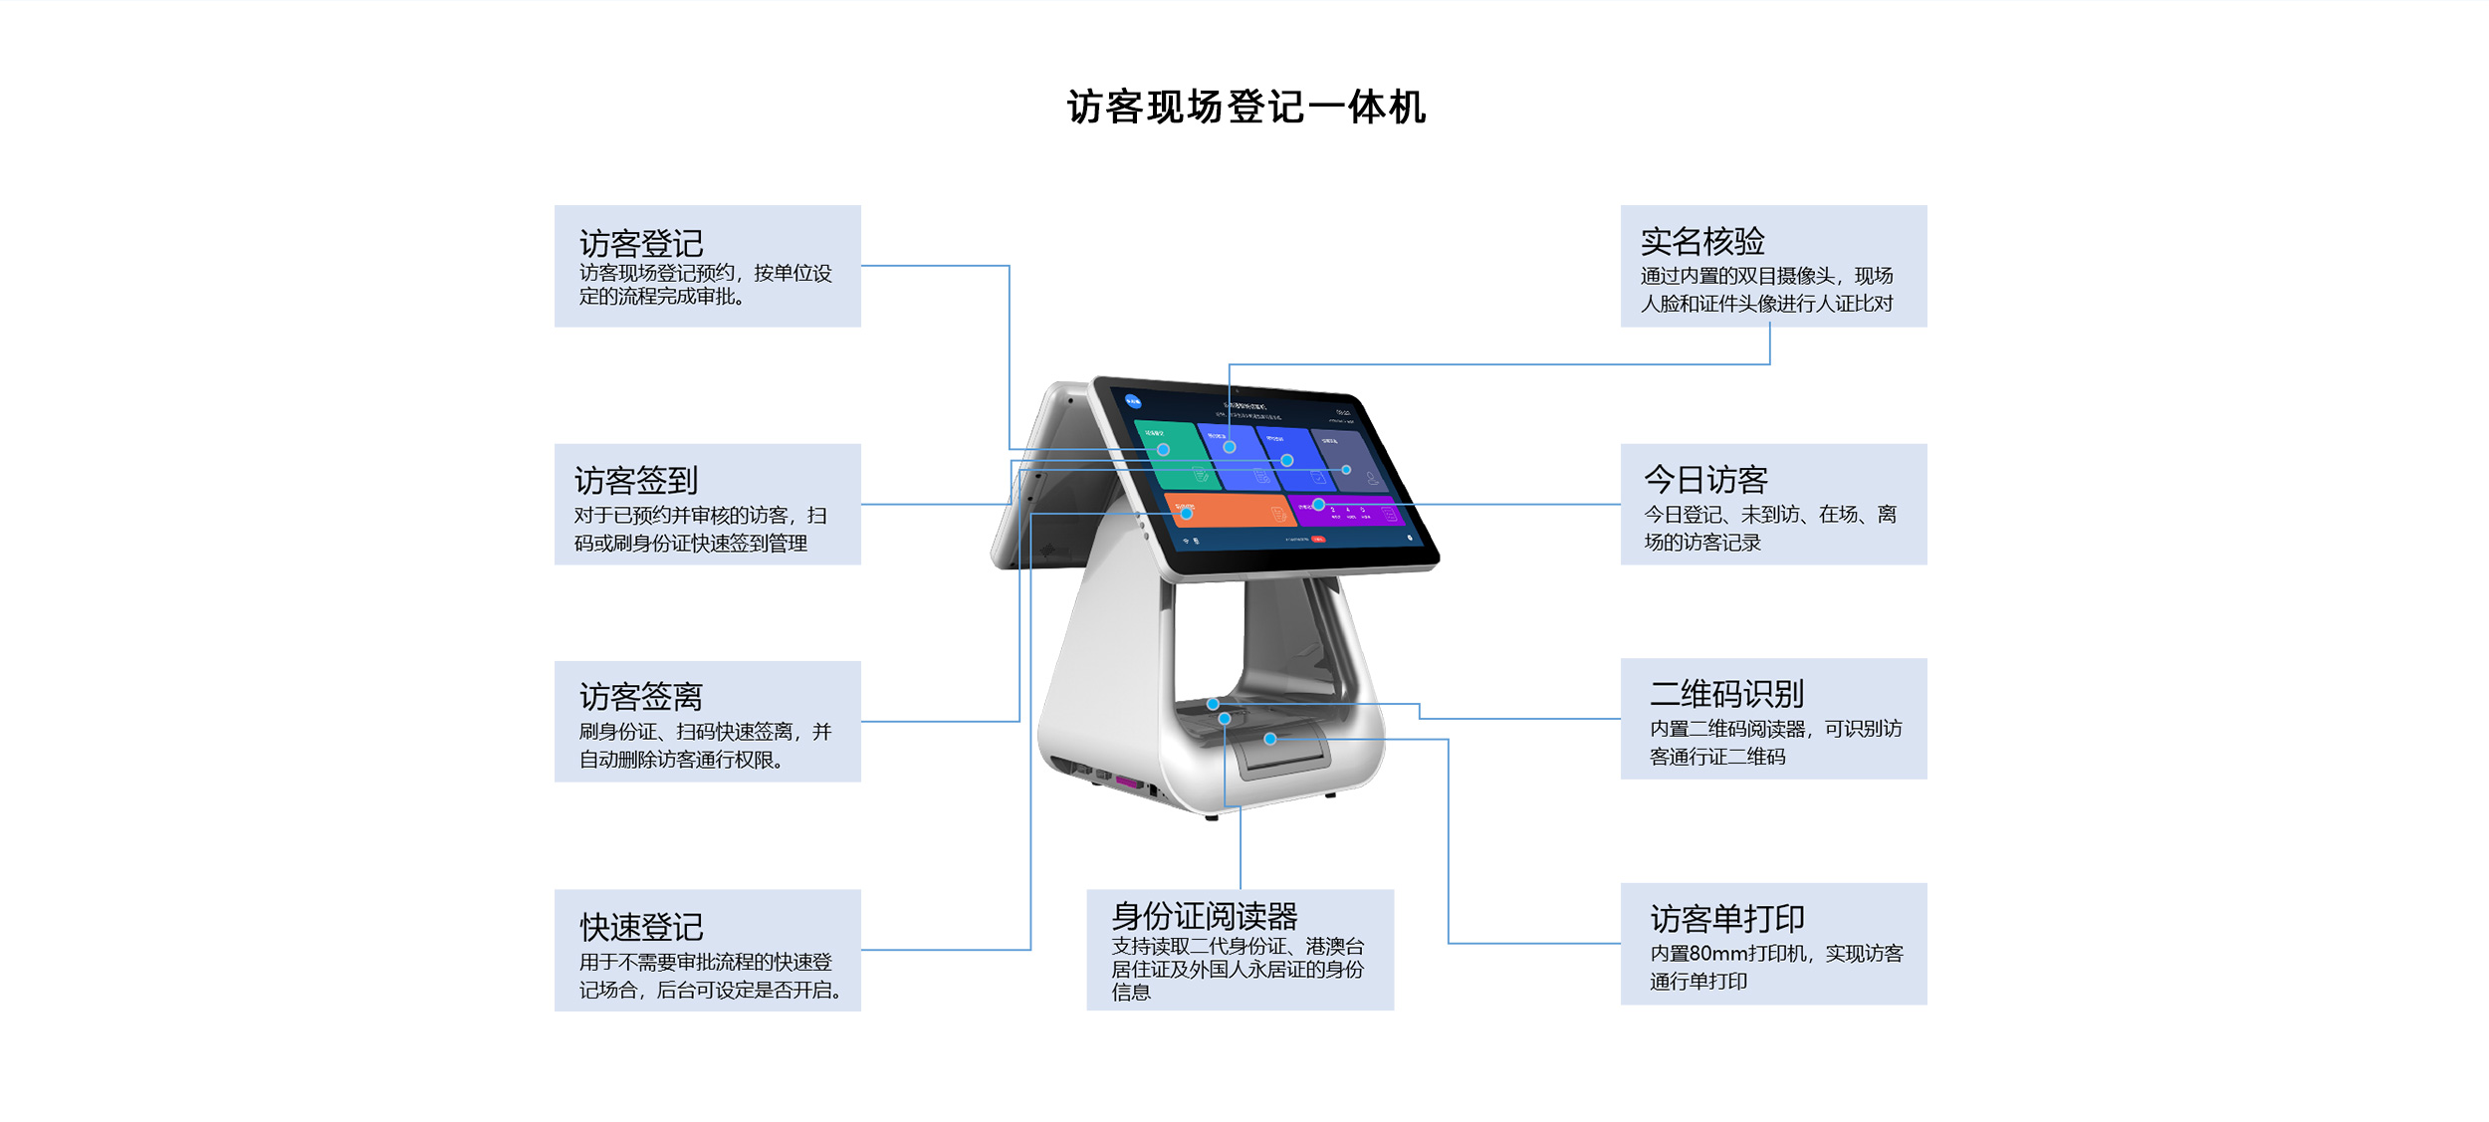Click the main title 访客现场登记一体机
[1245, 108]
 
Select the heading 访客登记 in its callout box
[641, 243]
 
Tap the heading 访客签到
[636, 481]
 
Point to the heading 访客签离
[641, 697]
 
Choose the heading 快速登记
[641, 927]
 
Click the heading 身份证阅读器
[1205, 915]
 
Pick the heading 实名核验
[1702, 241]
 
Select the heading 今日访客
[1705, 480]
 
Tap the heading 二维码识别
[1726, 694]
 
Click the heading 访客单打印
[1726, 918]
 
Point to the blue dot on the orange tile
[1187, 514]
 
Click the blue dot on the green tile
[1163, 450]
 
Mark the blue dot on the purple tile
[1318, 505]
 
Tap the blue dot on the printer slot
[1270, 739]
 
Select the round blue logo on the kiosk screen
[1133, 401]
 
